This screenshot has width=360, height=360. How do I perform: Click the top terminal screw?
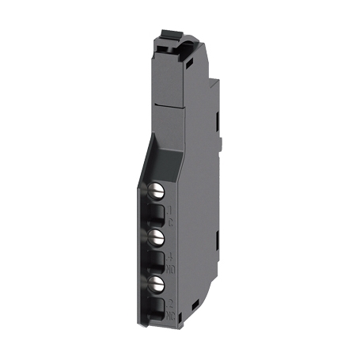(158, 190)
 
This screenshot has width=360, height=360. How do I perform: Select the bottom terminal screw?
(158, 282)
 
